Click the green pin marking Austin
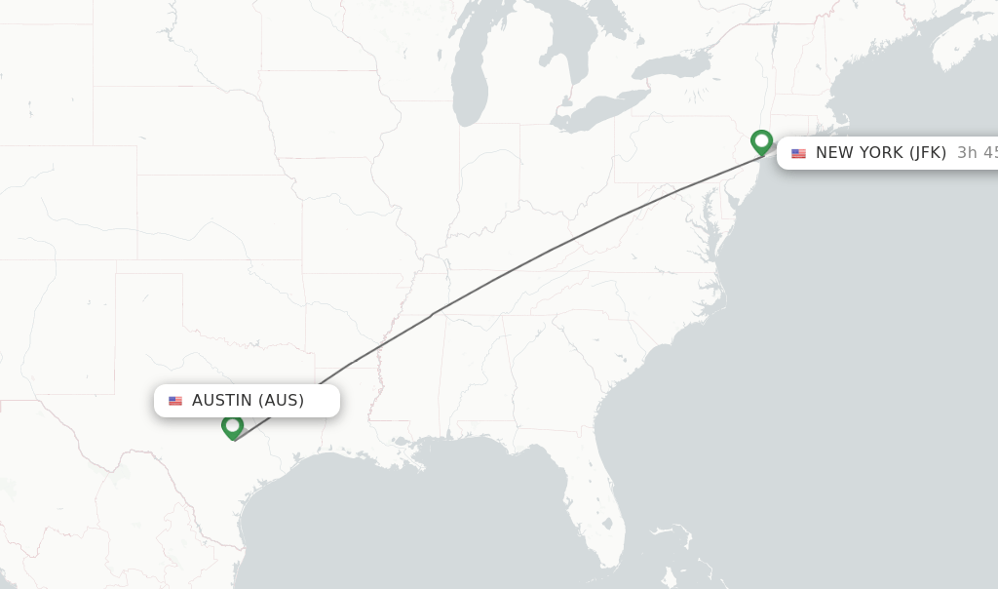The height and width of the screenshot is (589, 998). pyautogui.click(x=232, y=426)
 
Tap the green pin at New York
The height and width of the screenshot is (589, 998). pyautogui.click(x=761, y=142)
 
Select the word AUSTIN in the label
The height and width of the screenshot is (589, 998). pyautogui.click(x=223, y=400)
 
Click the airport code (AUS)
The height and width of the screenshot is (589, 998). pyautogui.click(x=282, y=400)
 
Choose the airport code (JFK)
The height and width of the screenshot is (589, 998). pyautogui.click(x=928, y=152)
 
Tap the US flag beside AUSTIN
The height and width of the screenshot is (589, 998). pyautogui.click(x=175, y=401)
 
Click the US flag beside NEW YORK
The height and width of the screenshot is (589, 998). pyautogui.click(x=798, y=153)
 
